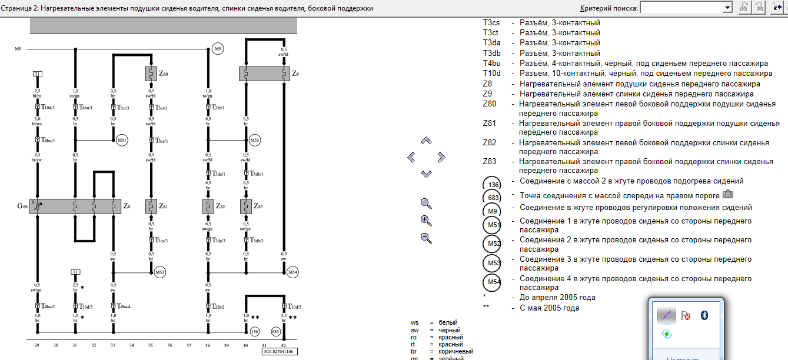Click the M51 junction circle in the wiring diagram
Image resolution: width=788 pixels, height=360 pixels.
pyautogui.click(x=122, y=141)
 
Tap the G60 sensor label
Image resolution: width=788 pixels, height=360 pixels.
pyautogui.click(x=22, y=206)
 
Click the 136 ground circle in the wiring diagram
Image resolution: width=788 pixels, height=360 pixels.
pyautogui.click(x=254, y=332)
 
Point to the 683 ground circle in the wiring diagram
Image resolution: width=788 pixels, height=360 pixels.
pyautogui.click(x=275, y=332)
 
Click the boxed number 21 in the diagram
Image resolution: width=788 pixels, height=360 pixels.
pyautogui.click(x=38, y=74)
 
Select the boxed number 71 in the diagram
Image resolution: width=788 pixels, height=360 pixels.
pyautogui.click(x=75, y=271)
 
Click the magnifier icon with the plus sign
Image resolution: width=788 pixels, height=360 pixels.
pyautogui.click(x=427, y=221)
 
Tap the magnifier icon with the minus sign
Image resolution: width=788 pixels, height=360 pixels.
pyautogui.click(x=427, y=238)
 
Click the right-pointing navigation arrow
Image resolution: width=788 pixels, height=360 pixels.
pyautogui.click(x=441, y=157)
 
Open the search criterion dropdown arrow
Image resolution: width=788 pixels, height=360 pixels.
pyautogui.click(x=727, y=8)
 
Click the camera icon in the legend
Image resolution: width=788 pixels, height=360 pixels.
pyautogui.click(x=728, y=194)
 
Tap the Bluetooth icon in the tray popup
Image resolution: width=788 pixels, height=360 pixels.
pyautogui.click(x=704, y=315)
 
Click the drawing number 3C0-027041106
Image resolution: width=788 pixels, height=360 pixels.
pyautogui.click(x=279, y=352)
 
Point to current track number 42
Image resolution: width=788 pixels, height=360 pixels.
pyautogui.click(x=284, y=345)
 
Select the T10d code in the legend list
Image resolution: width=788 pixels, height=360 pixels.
pyautogui.click(x=491, y=74)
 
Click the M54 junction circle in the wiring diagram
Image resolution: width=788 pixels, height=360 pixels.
pyautogui.click(x=293, y=272)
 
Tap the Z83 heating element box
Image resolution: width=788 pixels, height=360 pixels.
pyautogui.click(x=246, y=206)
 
